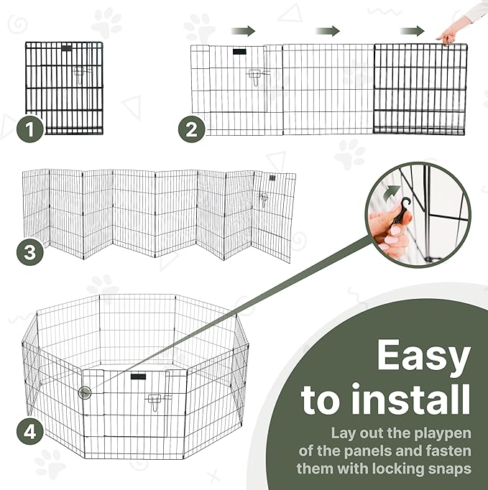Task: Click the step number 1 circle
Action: coord(30,129)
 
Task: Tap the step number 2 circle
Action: coord(192,129)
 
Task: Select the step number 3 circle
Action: coord(30,252)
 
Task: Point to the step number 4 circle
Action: coord(30,433)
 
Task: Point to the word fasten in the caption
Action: coord(448,451)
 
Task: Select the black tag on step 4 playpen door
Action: coord(138,376)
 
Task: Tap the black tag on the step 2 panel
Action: coord(239,52)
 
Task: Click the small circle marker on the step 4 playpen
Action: coord(85,392)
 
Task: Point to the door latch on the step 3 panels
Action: coord(264,199)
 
